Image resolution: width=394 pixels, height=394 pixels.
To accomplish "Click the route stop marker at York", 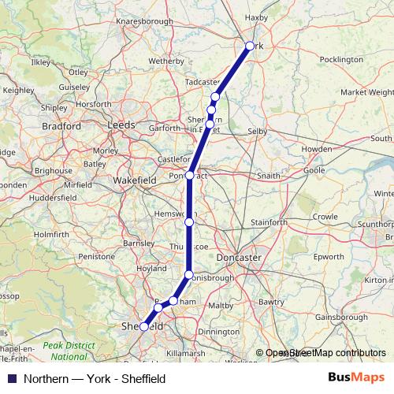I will [250, 46].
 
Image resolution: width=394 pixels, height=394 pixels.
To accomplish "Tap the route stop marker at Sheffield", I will [143, 326].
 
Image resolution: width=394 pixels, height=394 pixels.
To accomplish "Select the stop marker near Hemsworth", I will [189, 223].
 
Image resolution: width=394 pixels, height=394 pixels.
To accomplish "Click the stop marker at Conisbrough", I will [188, 274].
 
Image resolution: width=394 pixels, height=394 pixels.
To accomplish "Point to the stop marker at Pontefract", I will [190, 175].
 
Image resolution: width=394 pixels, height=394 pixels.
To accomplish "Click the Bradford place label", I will [62, 125].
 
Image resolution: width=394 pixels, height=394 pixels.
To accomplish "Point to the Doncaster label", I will [260, 258].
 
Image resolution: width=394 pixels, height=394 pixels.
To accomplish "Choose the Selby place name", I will [258, 131].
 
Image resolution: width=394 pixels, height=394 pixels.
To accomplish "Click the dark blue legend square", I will [11, 378].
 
